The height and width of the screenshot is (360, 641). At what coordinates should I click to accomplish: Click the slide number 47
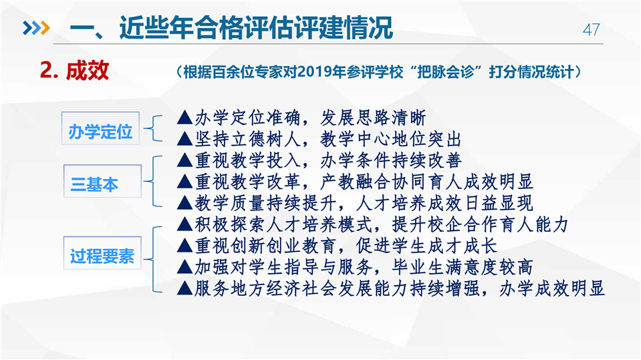pyautogui.click(x=591, y=30)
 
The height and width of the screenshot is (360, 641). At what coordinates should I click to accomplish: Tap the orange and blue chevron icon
pyautogui.click(x=36, y=28)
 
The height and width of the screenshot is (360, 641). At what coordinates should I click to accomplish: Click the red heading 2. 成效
pyautogui.click(x=74, y=70)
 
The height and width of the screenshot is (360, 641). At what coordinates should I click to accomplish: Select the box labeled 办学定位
pyautogui.click(x=100, y=128)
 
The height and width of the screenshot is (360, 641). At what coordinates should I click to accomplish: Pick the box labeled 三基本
pyautogui.click(x=103, y=181)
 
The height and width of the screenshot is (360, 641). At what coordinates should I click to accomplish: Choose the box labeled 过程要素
pyautogui.click(x=103, y=253)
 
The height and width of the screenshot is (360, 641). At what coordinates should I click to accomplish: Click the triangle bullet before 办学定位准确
pyautogui.click(x=184, y=118)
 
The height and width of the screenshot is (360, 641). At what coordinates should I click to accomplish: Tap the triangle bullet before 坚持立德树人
pyautogui.click(x=184, y=139)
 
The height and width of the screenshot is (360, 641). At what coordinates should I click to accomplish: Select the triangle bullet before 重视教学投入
pyautogui.click(x=184, y=160)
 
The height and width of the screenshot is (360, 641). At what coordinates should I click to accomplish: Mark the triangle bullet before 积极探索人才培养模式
pyautogui.click(x=184, y=224)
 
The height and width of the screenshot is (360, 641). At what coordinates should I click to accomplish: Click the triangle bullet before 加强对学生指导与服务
pyautogui.click(x=184, y=267)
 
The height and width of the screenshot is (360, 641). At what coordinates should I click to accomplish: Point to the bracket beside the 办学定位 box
pyautogui.click(x=152, y=128)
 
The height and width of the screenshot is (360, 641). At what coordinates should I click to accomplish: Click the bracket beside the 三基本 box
pyautogui.click(x=152, y=181)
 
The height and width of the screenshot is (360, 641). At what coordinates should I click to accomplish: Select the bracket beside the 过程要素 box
pyautogui.click(x=152, y=259)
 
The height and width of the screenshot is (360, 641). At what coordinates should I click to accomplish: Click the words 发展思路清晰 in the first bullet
pyautogui.click(x=373, y=118)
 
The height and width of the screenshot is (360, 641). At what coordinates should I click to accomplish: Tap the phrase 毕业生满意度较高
pyautogui.click(x=462, y=267)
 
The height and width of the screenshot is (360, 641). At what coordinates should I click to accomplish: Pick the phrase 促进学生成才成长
pyautogui.click(x=426, y=246)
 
